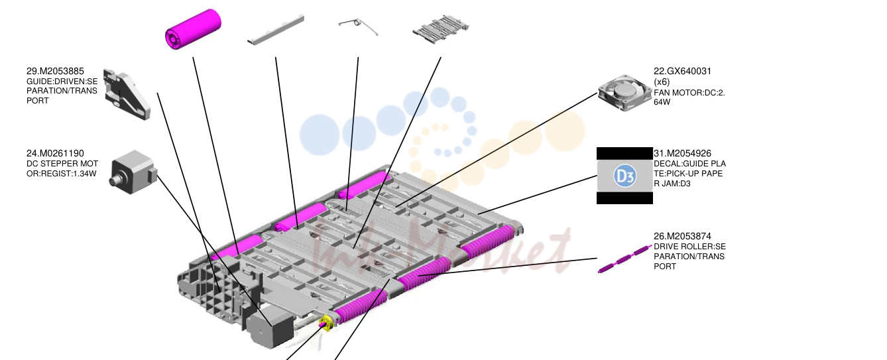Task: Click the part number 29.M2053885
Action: click(x=55, y=72)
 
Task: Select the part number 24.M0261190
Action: click(x=55, y=153)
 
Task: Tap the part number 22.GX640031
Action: click(x=682, y=72)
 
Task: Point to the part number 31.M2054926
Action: click(x=682, y=153)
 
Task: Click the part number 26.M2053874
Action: click(x=682, y=237)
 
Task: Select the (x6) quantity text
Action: click(x=662, y=82)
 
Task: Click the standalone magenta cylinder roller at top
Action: click(x=193, y=29)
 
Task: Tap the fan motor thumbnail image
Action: click(x=625, y=93)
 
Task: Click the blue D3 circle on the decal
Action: click(x=625, y=176)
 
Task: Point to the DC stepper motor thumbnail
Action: click(x=133, y=172)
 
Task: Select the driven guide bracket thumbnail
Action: click(x=127, y=94)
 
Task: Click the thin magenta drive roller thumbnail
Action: click(x=625, y=259)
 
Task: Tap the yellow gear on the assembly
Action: click(x=326, y=322)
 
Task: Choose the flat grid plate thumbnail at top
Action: click(x=440, y=29)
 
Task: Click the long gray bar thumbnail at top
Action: click(x=276, y=30)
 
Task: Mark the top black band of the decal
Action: click(x=624, y=154)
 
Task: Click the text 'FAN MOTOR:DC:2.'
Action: click(x=689, y=93)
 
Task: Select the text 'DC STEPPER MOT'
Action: click(x=62, y=164)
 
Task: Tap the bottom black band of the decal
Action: click(x=624, y=198)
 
